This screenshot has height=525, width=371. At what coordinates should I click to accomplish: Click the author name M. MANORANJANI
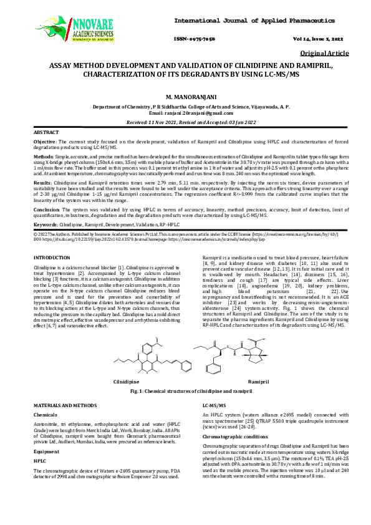(185, 99)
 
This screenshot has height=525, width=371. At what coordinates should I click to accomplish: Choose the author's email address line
(185, 113)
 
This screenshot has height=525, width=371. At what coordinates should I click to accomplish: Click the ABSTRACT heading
(46, 133)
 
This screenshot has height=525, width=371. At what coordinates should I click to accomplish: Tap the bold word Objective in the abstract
(46, 143)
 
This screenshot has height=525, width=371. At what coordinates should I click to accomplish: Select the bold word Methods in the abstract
(44, 156)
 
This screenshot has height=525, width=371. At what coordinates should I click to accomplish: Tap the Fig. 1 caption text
(185, 390)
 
